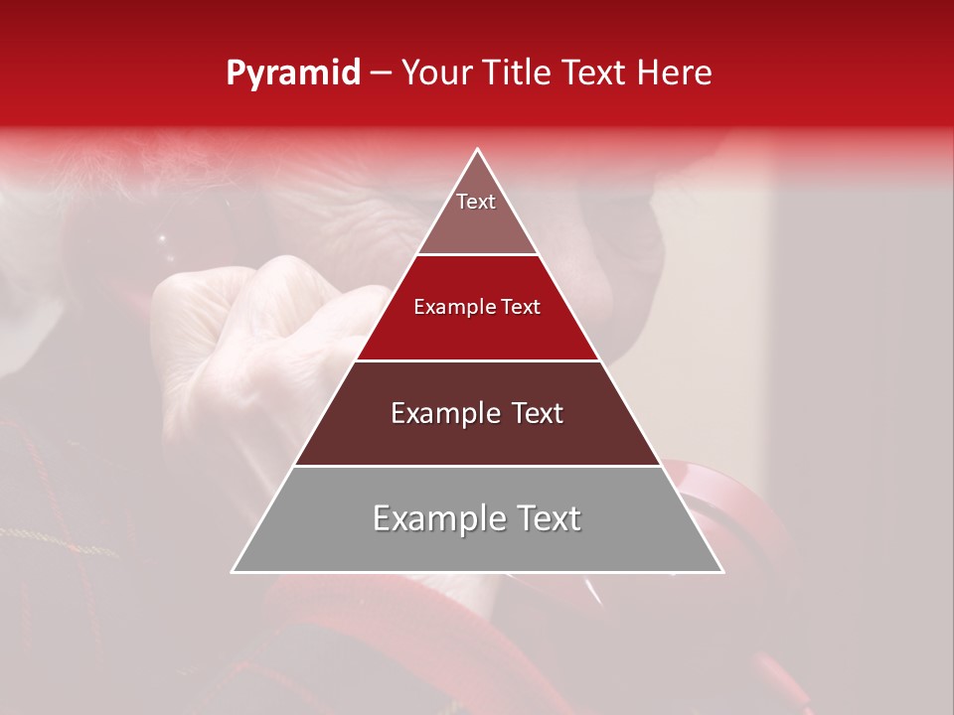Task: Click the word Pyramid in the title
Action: coord(292,73)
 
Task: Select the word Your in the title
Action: coord(441,73)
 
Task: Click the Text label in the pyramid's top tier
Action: coord(476,202)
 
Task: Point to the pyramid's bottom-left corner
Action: coord(234,571)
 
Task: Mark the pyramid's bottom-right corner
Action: coord(722,571)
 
